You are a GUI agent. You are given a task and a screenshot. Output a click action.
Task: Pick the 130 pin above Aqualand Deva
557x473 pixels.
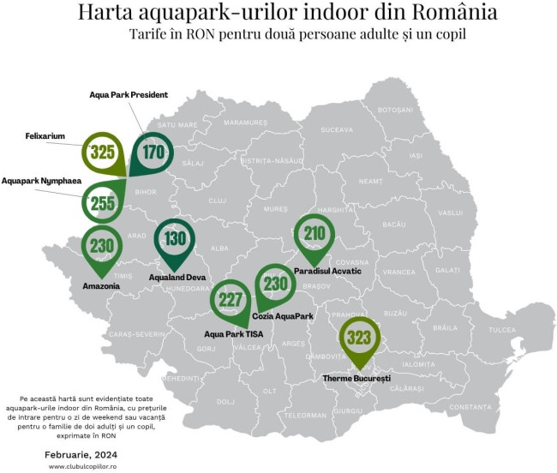[x=175, y=239]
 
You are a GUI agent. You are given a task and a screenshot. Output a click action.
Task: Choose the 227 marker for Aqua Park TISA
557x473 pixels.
[x=231, y=299]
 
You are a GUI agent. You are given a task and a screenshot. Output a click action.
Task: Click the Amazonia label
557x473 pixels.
[x=101, y=284]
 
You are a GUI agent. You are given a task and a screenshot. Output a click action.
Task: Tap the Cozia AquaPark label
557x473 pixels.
[x=283, y=316]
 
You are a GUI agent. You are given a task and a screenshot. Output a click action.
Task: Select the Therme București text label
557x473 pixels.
[x=356, y=378]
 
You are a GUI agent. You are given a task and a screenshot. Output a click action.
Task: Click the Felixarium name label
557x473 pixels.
[x=45, y=135]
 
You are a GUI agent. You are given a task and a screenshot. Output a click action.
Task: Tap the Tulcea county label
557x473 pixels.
[x=502, y=329]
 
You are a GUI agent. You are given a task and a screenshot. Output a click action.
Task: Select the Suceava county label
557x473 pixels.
[x=336, y=130]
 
